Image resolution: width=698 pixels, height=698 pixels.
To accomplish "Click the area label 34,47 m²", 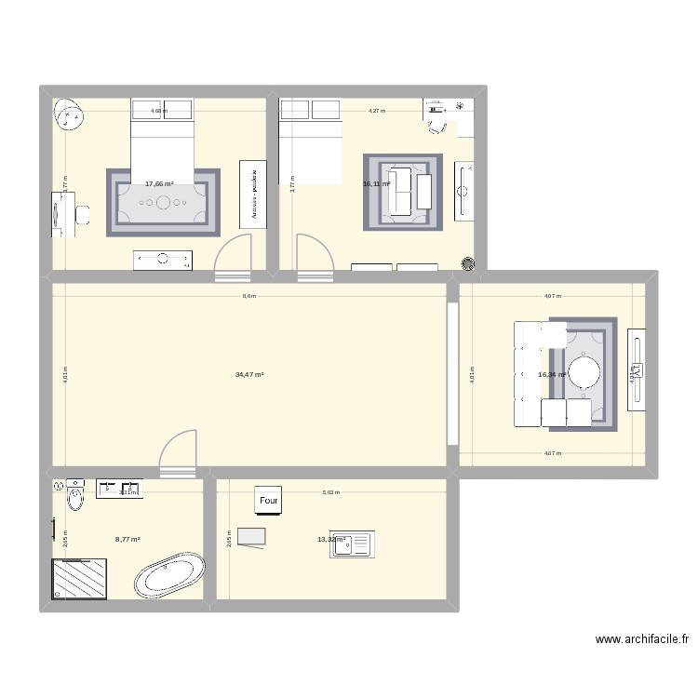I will coord(249,374).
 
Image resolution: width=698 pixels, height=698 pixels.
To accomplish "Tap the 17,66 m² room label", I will coord(159,184).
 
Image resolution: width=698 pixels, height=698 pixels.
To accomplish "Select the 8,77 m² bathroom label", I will coord(128,539).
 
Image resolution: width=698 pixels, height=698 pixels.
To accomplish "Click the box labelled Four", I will coord(269,500).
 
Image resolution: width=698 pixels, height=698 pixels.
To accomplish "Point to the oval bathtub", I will coord(169,576).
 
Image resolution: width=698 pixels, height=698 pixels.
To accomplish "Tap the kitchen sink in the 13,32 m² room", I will coord(351,544).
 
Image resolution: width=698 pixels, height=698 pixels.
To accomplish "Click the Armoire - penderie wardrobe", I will coord(254,193).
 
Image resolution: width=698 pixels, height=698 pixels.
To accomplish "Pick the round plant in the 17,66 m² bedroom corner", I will coord(68,114).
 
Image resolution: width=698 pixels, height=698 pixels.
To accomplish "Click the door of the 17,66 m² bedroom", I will coord(233,256).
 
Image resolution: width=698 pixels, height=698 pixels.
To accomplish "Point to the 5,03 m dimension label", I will coord(330,492).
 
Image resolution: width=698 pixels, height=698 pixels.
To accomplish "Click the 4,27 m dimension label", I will coord(376,111).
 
